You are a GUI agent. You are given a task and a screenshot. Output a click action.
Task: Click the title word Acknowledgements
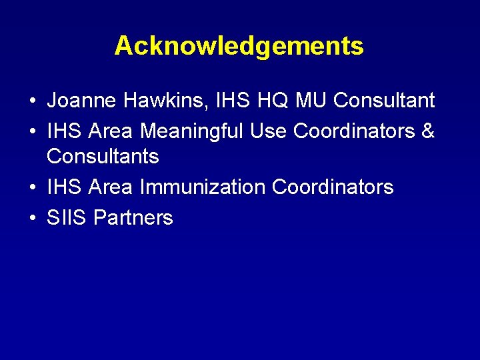point(239,46)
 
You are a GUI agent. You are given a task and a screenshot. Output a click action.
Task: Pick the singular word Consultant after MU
point(384,101)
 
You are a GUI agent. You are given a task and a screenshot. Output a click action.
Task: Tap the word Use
point(269,131)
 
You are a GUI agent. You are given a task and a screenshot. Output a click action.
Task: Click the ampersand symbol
point(428,131)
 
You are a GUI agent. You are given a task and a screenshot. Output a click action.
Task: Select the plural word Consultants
point(103,157)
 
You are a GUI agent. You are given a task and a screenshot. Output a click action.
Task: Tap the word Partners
point(133,218)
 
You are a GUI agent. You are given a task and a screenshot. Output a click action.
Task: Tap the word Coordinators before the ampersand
point(354,131)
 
